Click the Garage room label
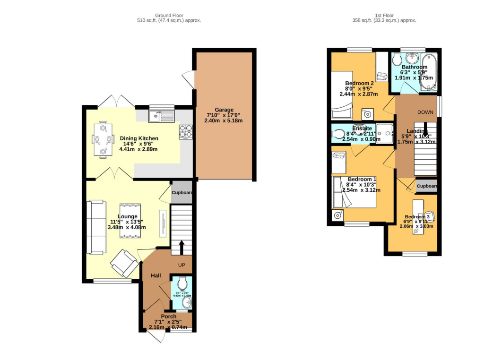pos(223,110)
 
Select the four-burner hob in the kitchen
pos(186,132)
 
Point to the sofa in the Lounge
pos(96,226)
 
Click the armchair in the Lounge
pos(125,263)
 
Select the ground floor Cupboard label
pos(182,193)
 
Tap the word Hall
pos(156,275)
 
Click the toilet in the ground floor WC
pos(182,283)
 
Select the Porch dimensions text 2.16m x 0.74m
pos(168,327)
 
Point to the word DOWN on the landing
pos(425,112)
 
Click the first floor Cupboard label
pos(427,186)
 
